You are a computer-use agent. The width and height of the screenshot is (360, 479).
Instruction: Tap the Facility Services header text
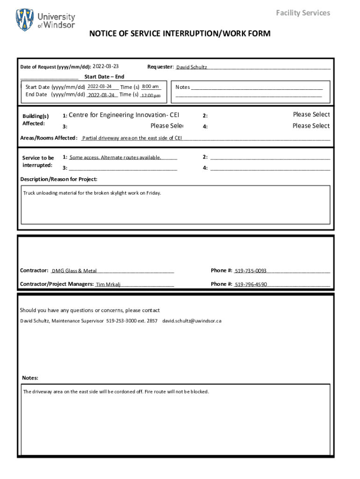pyautogui.click(x=303, y=13)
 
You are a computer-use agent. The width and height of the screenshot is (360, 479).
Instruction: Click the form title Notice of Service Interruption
pyautogui.click(x=180, y=34)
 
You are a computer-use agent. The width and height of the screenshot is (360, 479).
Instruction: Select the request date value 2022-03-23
pyautogui.click(x=106, y=66)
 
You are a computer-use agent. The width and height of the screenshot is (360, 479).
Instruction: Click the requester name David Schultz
pyautogui.click(x=192, y=67)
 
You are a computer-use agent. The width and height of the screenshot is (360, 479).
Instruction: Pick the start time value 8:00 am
pyautogui.click(x=151, y=87)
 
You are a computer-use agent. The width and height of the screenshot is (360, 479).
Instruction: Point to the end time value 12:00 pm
pyautogui.click(x=151, y=95)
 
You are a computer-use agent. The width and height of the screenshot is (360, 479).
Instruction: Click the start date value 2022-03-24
pyautogui.click(x=100, y=87)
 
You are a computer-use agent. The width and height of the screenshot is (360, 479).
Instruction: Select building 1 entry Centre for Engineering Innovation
pyautogui.click(x=124, y=115)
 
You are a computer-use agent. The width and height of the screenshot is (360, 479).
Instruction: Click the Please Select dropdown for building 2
pyautogui.click(x=311, y=115)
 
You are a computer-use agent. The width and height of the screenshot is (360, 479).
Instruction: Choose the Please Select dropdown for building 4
pyautogui.click(x=311, y=126)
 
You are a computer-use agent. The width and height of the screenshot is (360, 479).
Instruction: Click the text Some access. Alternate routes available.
pyautogui.click(x=115, y=158)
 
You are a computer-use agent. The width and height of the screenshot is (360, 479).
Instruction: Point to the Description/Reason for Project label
pyautogui.click(x=59, y=179)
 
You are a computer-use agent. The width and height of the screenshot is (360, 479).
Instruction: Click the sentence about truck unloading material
pyautogui.click(x=92, y=193)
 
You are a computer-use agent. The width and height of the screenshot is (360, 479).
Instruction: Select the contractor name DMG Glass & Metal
pyautogui.click(x=74, y=271)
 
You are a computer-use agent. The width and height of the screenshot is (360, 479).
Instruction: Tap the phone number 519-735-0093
pyautogui.click(x=251, y=271)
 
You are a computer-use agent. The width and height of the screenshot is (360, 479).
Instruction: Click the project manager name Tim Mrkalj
pyautogui.click(x=108, y=284)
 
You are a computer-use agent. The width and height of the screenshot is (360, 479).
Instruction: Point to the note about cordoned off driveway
pyautogui.click(x=116, y=392)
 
